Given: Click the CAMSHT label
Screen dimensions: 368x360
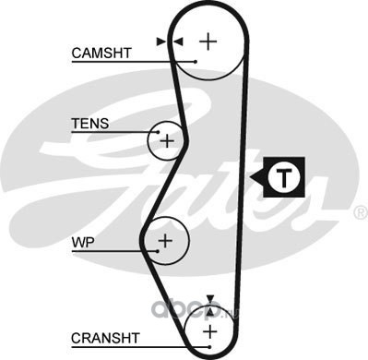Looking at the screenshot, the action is coord(101,54).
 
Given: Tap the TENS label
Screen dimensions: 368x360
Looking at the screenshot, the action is coord(90,124).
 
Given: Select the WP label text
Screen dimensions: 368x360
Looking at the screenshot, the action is coord(83,243).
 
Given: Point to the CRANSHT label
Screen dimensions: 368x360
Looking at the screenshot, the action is coord(105,338).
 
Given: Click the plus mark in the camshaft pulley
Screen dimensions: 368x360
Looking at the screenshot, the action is coord(208,42).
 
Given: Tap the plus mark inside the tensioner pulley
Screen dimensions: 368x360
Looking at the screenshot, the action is coord(167,141).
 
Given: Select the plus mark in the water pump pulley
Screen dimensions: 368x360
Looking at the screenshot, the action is coord(165,240).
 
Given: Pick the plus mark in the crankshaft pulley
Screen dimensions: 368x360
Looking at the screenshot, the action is coord(210,332).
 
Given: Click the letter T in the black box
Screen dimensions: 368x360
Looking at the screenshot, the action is coord(283,177).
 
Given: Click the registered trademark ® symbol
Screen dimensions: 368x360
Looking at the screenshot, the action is coord(362,213).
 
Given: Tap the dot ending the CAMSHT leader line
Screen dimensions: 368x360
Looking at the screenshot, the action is coord(196,62).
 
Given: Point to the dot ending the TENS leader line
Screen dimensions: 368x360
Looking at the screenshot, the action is coord(159,132).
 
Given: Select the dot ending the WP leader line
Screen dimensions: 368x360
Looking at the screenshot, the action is coord(158,251).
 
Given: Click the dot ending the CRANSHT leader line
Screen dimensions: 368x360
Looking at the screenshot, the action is coord(209,347).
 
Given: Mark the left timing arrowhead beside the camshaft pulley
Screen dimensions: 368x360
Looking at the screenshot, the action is coord(160,42).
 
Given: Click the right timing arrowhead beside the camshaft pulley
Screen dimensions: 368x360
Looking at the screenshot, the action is coord(178,42).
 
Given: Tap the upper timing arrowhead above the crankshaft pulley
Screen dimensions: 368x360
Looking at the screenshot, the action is coord(210,299).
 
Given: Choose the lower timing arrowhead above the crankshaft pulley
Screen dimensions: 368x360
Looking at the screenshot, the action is coord(210,311).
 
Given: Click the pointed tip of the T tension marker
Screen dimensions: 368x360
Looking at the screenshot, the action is coord(250,177).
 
